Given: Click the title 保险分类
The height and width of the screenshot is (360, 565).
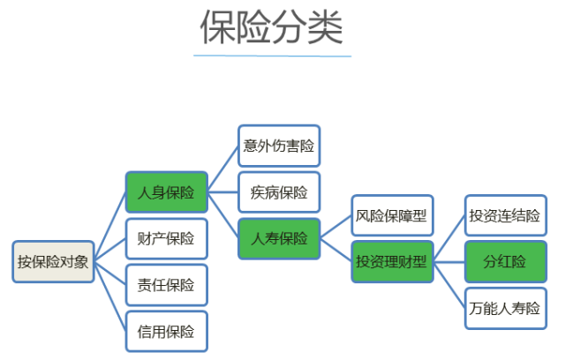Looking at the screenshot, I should [271, 28].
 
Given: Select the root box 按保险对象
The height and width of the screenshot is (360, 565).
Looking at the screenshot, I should [53, 261].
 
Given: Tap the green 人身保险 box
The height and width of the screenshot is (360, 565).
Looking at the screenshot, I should [167, 191].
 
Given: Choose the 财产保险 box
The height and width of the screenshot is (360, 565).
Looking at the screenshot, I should [167, 238].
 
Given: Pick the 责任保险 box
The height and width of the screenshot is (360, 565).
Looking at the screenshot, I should [167, 285].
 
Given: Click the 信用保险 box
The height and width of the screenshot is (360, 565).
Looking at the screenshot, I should [167, 332].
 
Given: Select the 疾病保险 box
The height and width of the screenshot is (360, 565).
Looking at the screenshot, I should [279, 191].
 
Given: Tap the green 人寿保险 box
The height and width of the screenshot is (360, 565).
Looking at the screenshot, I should [279, 238].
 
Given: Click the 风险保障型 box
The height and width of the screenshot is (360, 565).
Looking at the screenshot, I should [392, 215].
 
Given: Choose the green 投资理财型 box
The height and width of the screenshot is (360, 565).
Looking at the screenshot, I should [392, 261].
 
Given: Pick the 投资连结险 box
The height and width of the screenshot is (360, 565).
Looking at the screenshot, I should [504, 215].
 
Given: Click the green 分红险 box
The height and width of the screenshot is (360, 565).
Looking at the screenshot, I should [504, 261].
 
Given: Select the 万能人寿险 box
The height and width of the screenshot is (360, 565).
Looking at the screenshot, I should [504, 309].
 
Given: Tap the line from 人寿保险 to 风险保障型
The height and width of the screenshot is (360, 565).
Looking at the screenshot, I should [335, 227].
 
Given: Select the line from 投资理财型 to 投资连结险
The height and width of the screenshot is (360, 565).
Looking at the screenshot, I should [449, 238].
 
